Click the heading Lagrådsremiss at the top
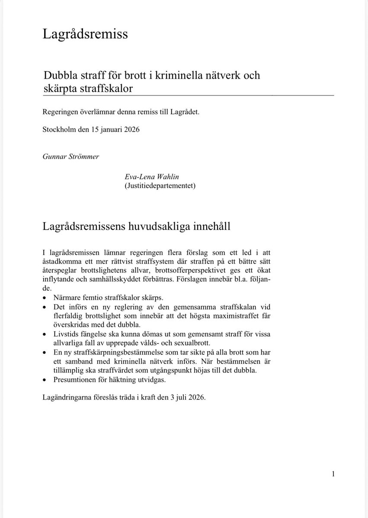pos(85,34)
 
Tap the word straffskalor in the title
pos(109,88)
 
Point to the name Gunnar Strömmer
pos(70,156)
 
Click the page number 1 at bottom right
pos(333,474)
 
